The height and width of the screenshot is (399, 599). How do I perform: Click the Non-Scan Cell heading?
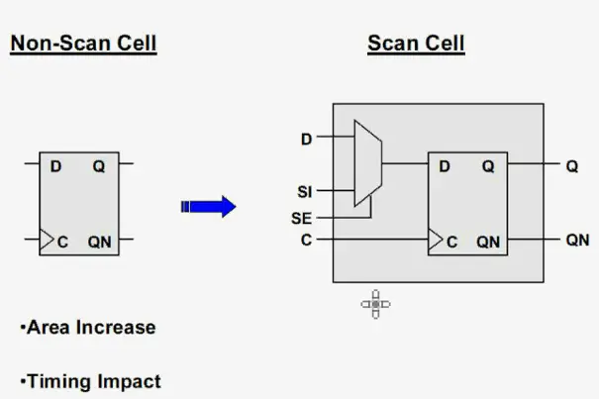[x=83, y=44]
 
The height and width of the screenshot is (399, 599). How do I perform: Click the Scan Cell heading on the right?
[x=416, y=44]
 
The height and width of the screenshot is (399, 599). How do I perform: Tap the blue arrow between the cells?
[x=209, y=206]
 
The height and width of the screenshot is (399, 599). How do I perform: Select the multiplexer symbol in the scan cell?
[x=365, y=164]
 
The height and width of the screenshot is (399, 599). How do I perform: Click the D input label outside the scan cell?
[x=306, y=140]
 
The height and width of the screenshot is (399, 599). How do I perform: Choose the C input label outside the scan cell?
[x=306, y=240]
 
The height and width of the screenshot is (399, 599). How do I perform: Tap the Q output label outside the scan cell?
[x=571, y=166]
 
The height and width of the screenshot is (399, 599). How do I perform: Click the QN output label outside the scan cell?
[x=577, y=240]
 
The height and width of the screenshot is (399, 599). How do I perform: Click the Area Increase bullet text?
[x=87, y=327]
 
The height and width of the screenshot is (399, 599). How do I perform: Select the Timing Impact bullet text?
[x=89, y=380]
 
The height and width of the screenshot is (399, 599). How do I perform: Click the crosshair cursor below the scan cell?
[x=376, y=304]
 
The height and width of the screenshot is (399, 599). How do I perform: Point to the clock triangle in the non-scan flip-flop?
[x=46, y=240]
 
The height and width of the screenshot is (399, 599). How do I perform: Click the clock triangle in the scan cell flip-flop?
[x=434, y=240]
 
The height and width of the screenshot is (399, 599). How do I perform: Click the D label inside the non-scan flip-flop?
[x=55, y=167]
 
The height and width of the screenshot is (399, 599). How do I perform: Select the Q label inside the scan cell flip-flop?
[x=488, y=167]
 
